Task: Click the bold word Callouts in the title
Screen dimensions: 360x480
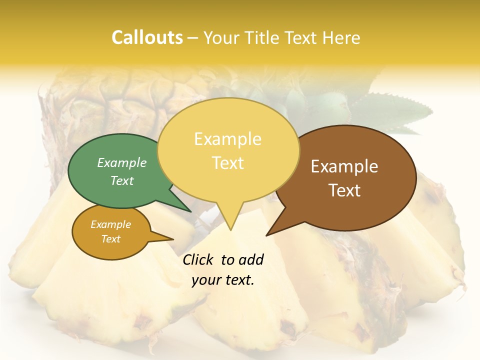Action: click(x=147, y=37)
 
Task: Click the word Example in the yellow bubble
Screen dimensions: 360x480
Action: click(x=227, y=139)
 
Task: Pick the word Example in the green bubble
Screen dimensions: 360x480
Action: click(x=122, y=162)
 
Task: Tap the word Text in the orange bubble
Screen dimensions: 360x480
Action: click(x=110, y=239)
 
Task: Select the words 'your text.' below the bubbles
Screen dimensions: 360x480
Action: click(x=223, y=280)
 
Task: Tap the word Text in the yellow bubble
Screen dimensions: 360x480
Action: click(x=228, y=163)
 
